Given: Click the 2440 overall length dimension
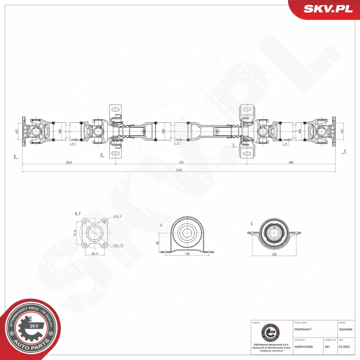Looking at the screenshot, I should (x=179, y=171).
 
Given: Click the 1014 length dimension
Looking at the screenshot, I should (x=68, y=162).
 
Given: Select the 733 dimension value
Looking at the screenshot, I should (x=180, y=162).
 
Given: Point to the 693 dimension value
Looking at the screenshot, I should (x=292, y=162).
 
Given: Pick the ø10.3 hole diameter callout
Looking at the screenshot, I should (x=118, y=217).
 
